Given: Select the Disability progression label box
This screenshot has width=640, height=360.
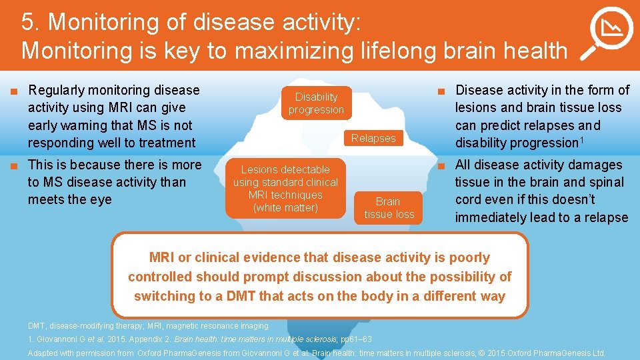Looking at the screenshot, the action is click(x=317, y=103).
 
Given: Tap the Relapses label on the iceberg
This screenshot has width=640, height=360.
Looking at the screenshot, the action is click(x=373, y=138).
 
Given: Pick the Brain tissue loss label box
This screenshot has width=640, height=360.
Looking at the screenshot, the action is click(x=389, y=207).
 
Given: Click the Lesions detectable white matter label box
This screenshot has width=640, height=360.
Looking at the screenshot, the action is click(x=285, y=189).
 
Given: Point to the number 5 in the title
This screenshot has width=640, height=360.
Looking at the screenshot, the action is click(x=28, y=22).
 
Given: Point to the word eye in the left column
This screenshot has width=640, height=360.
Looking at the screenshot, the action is click(x=100, y=199).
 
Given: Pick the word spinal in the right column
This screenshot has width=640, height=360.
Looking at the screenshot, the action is click(x=604, y=182).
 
